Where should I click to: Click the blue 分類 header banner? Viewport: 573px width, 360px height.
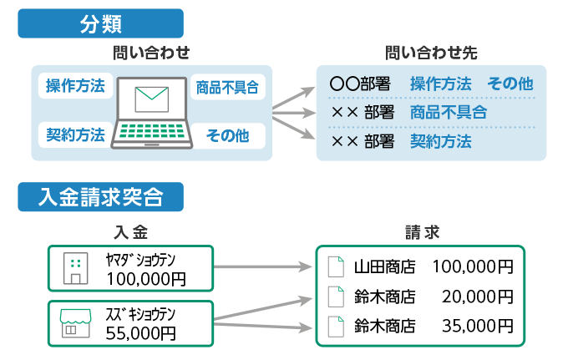pos(100,23)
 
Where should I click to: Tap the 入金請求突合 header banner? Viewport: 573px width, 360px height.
pos(100,197)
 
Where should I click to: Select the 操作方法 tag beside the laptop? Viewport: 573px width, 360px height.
pos(75,86)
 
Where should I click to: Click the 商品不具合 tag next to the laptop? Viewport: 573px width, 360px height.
pos(226,86)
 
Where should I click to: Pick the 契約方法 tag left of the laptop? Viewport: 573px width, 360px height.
pos(75,134)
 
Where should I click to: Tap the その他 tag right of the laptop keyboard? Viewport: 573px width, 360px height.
pos(227,134)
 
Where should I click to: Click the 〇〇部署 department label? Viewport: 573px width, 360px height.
pos(360,84)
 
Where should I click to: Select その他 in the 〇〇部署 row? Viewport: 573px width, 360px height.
pos(510,84)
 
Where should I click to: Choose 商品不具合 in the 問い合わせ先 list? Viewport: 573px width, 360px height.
pos(448,113)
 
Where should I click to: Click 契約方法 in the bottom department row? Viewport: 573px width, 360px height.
pos(440,141)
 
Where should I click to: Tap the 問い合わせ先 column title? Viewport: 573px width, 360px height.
pos(431,53)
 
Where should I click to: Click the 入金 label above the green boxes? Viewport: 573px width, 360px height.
pos(130,231)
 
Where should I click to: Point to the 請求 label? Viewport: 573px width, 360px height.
pos(422,231)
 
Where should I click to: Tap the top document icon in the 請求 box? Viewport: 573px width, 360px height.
pos(335,266)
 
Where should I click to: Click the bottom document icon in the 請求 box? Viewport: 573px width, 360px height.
pos(335,326)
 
